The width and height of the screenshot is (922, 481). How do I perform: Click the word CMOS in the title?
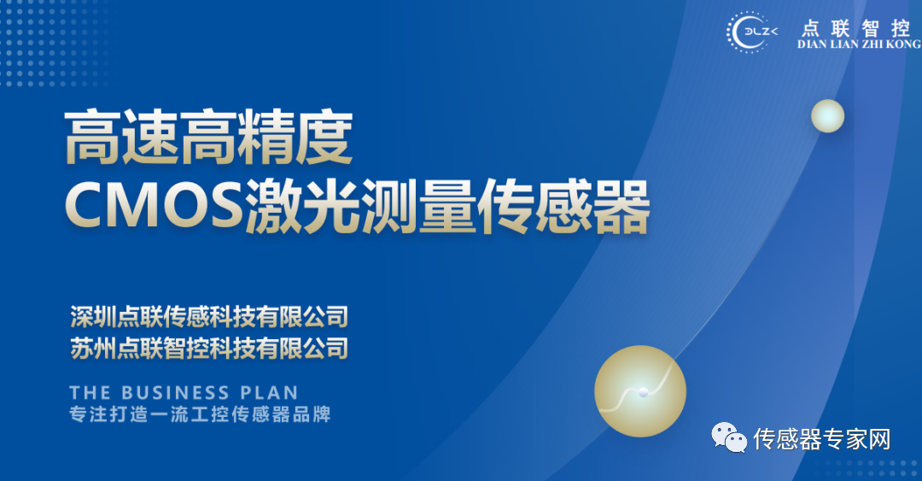pyautogui.click(x=154, y=205)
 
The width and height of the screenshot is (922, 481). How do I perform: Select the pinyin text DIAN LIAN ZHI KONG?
pyautogui.click(x=859, y=44)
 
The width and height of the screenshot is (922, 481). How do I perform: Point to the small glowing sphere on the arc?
pyautogui.click(x=827, y=116)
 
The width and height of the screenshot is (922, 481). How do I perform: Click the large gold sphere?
pyautogui.click(x=640, y=391)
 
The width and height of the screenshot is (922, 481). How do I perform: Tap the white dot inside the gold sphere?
pyautogui.click(x=644, y=392)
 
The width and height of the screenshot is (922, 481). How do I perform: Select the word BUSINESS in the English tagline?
pyautogui.click(x=175, y=393)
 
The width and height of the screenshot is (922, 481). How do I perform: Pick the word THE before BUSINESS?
pyautogui.click(x=90, y=393)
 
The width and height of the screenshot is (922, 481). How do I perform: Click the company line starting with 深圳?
pyautogui.click(x=209, y=317)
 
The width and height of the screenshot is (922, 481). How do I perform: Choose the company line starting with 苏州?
pyautogui.click(x=209, y=348)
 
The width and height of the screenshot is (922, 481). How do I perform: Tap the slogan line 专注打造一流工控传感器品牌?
pyautogui.click(x=200, y=414)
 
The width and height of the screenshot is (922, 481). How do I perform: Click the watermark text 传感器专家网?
pyautogui.click(x=822, y=439)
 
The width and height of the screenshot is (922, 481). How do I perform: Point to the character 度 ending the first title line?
pyautogui.click(x=324, y=138)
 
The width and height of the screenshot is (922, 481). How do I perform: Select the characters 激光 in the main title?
pyautogui.click(x=303, y=206)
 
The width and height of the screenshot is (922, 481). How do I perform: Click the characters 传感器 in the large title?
pyautogui.click(x=563, y=206)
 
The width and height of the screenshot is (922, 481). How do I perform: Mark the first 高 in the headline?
pyautogui.click(x=93, y=138)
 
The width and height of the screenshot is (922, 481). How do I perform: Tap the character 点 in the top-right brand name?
pyautogui.click(x=810, y=27)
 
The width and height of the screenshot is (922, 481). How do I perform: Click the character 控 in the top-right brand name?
pyautogui.click(x=901, y=27)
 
